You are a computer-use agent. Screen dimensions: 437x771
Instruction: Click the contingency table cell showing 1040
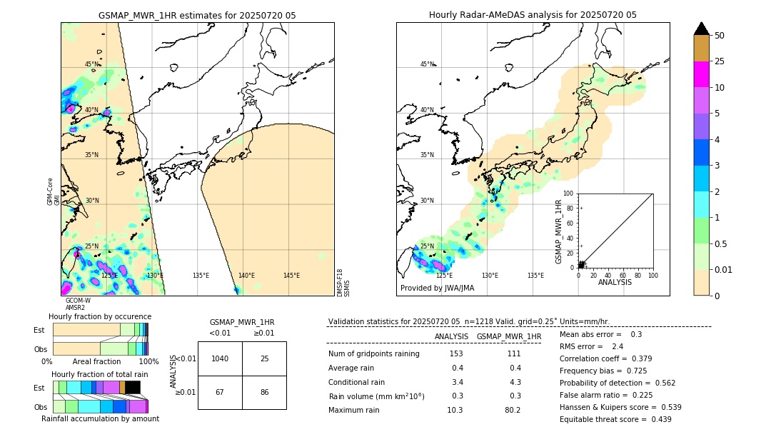(220, 358)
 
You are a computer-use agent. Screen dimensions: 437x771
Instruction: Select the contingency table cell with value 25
(264, 358)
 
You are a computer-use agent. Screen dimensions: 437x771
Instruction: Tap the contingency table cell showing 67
(220, 392)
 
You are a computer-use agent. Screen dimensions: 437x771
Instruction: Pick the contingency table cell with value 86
(264, 392)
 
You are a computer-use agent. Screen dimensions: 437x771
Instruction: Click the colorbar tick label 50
(720, 36)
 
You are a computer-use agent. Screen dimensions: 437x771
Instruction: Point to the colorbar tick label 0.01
(725, 269)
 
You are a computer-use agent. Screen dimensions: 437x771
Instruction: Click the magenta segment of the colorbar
(701, 74)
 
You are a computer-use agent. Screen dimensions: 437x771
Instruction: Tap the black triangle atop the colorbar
(701, 29)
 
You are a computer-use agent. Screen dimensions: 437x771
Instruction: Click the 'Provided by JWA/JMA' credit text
(437, 288)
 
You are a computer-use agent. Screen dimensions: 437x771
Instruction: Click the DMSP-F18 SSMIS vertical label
(343, 283)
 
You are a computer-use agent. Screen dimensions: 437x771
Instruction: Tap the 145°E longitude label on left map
(291, 276)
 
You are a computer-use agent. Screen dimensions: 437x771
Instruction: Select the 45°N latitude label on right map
(427, 64)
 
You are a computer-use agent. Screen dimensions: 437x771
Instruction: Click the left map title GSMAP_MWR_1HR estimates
(197, 15)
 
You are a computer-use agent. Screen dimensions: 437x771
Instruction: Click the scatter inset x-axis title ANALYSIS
(615, 282)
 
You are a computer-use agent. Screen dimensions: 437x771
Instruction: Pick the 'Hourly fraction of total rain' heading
(100, 374)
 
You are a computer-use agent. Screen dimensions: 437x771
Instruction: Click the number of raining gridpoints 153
(456, 354)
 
